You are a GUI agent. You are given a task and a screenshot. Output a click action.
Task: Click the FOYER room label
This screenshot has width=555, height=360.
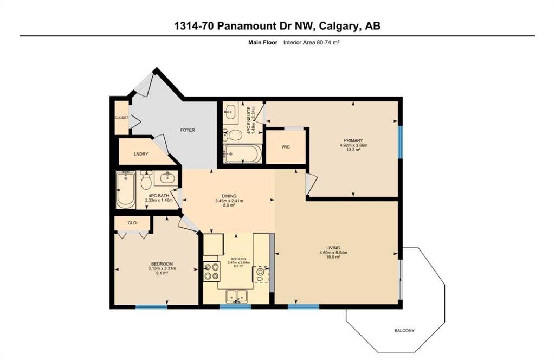[x=188, y=130]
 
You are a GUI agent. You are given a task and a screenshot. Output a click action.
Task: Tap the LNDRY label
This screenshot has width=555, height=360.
[x=141, y=154]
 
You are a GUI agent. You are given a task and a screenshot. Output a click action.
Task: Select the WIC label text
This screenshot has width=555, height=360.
[x=286, y=147]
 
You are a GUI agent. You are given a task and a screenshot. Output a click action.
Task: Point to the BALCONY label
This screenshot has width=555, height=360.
[x=404, y=331]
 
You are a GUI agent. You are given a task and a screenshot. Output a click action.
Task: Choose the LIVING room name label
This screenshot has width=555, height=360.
[x=333, y=248]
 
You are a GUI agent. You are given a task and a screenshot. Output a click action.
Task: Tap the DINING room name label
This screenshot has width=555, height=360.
[x=229, y=196]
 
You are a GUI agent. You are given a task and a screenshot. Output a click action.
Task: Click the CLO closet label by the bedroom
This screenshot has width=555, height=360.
[x=132, y=223]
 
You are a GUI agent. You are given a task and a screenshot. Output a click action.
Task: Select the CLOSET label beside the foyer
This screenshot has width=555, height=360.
[x=121, y=118]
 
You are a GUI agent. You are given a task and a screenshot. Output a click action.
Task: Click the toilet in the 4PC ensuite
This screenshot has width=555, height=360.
[x=232, y=135]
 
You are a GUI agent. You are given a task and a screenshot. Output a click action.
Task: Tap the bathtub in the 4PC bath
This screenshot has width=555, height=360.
[x=126, y=190]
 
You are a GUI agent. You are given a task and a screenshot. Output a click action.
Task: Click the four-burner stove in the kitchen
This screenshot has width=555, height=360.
[x=211, y=271]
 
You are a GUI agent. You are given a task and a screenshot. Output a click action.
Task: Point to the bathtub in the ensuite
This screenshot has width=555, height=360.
[x=242, y=153]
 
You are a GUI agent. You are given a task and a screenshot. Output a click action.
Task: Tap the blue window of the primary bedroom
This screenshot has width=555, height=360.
[x=401, y=142]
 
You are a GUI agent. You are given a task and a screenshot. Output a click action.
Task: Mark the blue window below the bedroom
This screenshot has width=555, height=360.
[x=151, y=306]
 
